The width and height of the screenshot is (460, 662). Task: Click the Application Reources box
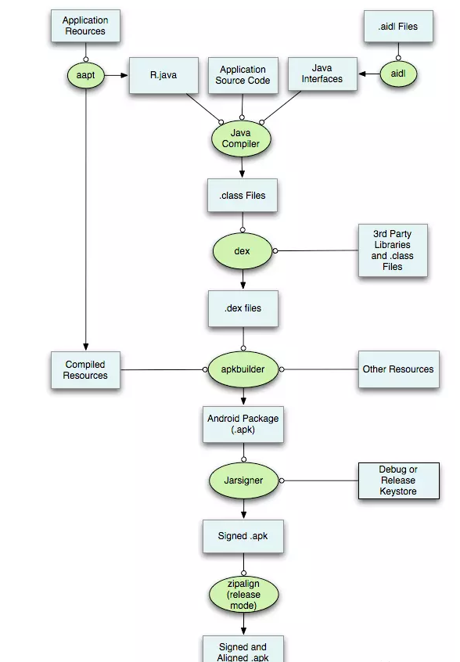[86, 26]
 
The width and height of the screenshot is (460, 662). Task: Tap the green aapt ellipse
[86, 75]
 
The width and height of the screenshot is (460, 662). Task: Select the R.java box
[164, 75]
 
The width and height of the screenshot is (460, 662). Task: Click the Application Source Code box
[243, 75]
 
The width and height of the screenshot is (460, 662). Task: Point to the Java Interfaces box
[322, 74]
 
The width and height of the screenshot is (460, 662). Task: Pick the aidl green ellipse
[398, 74]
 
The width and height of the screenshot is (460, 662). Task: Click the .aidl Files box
[398, 26]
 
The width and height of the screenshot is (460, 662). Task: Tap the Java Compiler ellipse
[241, 139]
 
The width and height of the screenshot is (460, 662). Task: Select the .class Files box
[243, 196]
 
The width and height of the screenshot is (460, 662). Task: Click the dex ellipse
[243, 251]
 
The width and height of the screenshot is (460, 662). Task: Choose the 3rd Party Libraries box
[393, 250]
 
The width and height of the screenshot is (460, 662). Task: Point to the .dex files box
[243, 308]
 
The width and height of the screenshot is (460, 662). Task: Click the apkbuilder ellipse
[243, 369]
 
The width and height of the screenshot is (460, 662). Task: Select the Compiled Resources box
[86, 370]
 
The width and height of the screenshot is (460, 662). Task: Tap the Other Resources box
[399, 369]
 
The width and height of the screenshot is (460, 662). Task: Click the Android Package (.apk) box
[243, 424]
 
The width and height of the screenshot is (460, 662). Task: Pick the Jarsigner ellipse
[243, 480]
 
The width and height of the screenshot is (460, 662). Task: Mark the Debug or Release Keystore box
[399, 480]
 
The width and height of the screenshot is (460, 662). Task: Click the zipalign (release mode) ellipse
[243, 595]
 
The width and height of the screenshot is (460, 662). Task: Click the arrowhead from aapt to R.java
[124, 75]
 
